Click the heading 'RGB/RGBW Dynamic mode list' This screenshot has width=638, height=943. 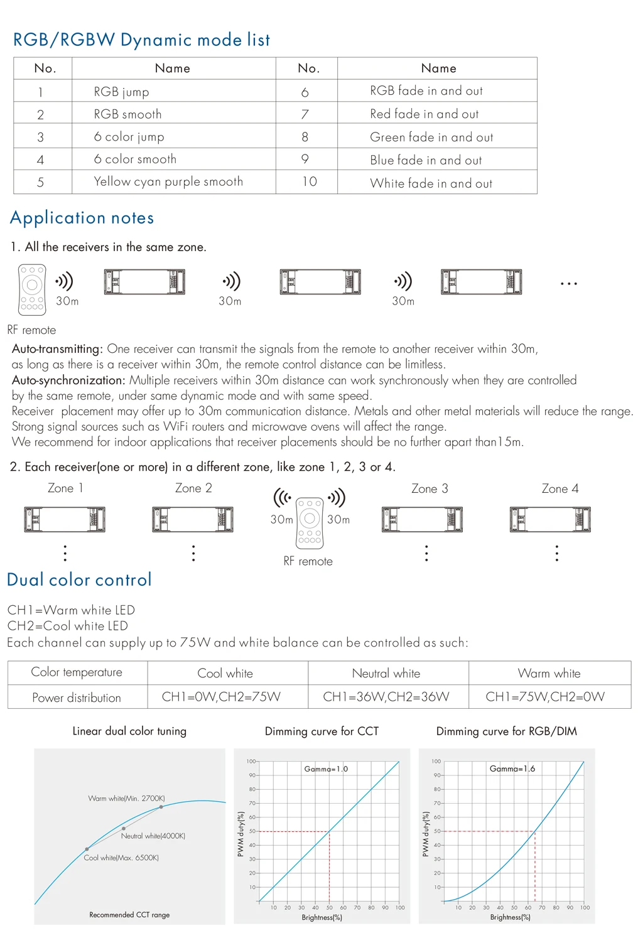coord(141,40)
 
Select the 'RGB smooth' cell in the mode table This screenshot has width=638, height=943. coord(127,114)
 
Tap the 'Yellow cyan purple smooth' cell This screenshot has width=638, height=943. coord(168,181)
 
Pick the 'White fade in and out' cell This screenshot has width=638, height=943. coord(431,183)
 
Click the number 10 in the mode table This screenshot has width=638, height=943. coord(310,181)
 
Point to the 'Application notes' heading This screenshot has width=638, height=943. coord(82,218)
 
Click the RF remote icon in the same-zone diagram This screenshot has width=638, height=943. coord(32,289)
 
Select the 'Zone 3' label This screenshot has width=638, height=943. coord(430,488)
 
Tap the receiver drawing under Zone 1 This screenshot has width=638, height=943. coord(65,519)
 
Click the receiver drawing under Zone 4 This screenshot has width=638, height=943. coord(550,519)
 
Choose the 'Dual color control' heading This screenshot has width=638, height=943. coord(79,579)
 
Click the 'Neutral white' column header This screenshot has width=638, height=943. coord(386,673)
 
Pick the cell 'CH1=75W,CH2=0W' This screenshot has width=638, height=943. coord(545,697)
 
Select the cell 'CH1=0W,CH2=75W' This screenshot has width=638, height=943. coord(221,697)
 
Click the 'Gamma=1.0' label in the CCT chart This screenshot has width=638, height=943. coord(326,768)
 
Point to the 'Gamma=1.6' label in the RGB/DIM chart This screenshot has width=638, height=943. coord(512,768)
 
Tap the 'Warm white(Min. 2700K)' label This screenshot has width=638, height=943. coord(126,799)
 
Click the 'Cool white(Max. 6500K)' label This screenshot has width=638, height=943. coord(121,858)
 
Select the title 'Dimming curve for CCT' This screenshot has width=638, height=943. coord(322,731)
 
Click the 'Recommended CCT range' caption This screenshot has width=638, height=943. coord(129,915)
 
